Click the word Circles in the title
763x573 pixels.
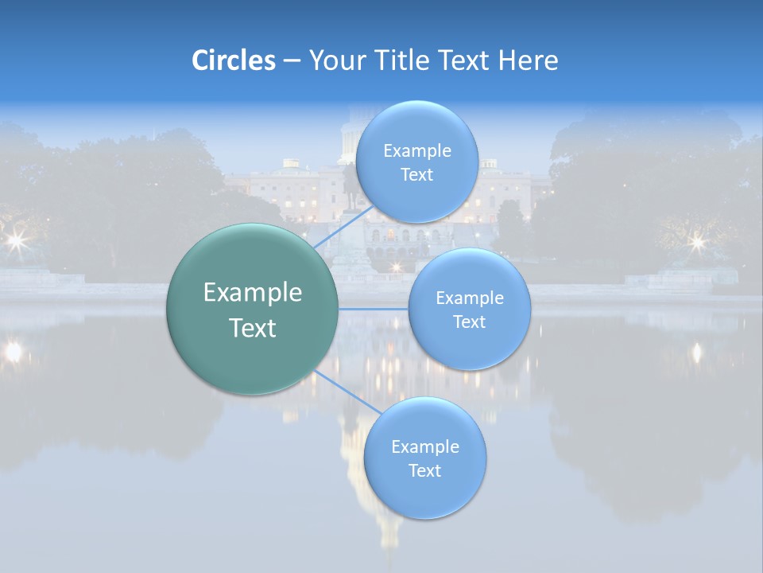point(233,60)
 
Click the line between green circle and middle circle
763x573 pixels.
point(373,308)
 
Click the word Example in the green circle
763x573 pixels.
point(253,293)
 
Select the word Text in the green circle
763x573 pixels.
point(253,328)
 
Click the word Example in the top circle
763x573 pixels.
point(417,151)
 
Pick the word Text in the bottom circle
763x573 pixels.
point(424,470)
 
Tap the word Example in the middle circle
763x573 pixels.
point(470,298)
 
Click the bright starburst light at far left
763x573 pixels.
point(14,239)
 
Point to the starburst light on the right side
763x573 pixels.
point(697,240)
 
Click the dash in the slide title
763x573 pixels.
point(292,61)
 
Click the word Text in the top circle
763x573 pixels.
point(416,175)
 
